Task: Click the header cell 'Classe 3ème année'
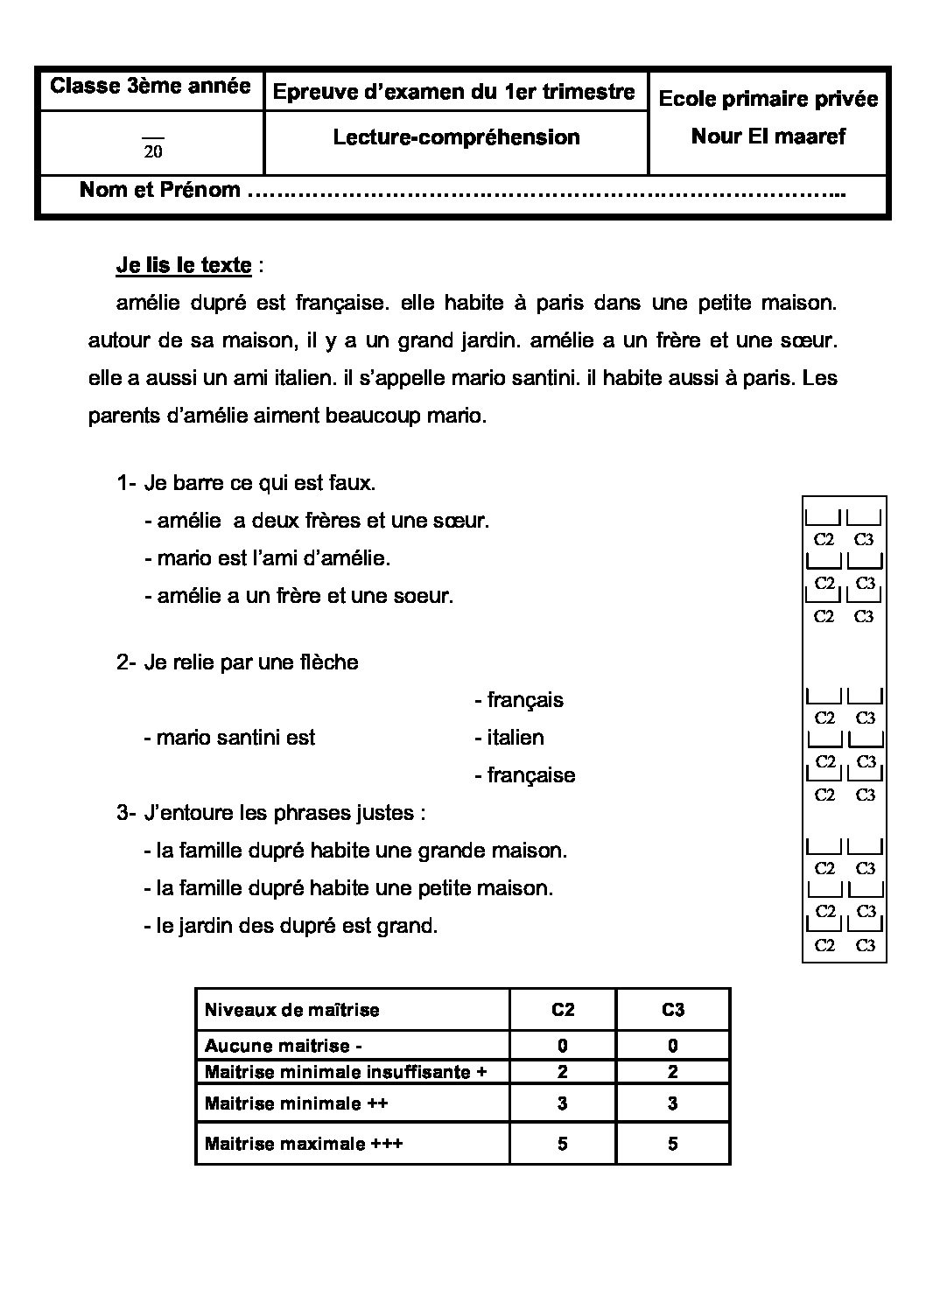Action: click(x=150, y=87)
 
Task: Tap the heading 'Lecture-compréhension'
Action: click(x=456, y=137)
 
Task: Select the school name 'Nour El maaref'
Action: click(x=768, y=137)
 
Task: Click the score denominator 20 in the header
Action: click(x=153, y=151)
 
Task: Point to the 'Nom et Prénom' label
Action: click(x=160, y=190)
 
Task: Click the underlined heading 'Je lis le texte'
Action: click(x=184, y=265)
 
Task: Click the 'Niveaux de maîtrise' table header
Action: click(x=291, y=1010)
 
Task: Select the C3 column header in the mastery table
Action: click(x=672, y=1010)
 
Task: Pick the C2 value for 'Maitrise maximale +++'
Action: click(x=562, y=1144)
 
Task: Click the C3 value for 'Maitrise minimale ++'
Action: click(x=672, y=1103)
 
